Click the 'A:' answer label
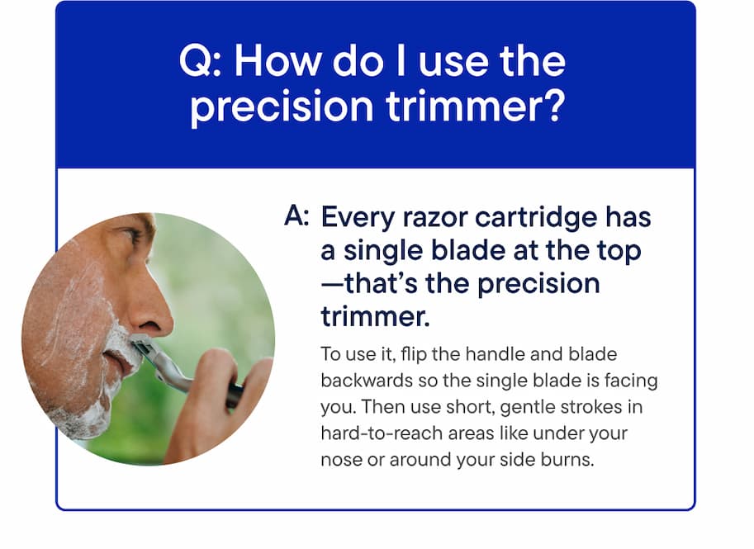tap(296, 217)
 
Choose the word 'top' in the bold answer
tap(616, 250)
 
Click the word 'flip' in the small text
tap(401, 354)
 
